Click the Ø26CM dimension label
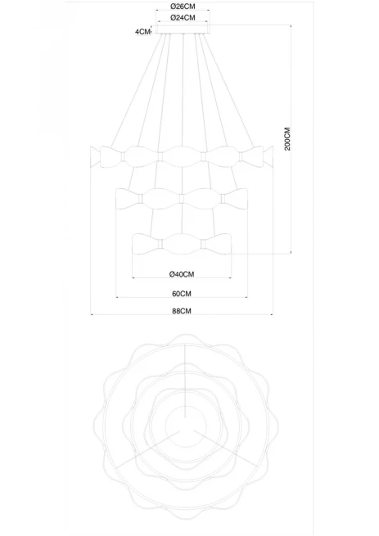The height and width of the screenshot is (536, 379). pos(183,7)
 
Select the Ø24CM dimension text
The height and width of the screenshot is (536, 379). pos(183,18)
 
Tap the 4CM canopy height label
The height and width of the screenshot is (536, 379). pos(142,32)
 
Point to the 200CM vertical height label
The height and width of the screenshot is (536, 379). pos(287,139)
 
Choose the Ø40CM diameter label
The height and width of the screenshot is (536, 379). pos(182,274)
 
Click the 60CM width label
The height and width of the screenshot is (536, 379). pos(182,294)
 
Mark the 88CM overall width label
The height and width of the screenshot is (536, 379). pos(182,311)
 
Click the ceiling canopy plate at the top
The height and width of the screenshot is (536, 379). pos(183,29)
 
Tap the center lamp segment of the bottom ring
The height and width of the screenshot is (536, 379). pos(181,244)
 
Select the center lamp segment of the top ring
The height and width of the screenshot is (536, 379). pos(181,156)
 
